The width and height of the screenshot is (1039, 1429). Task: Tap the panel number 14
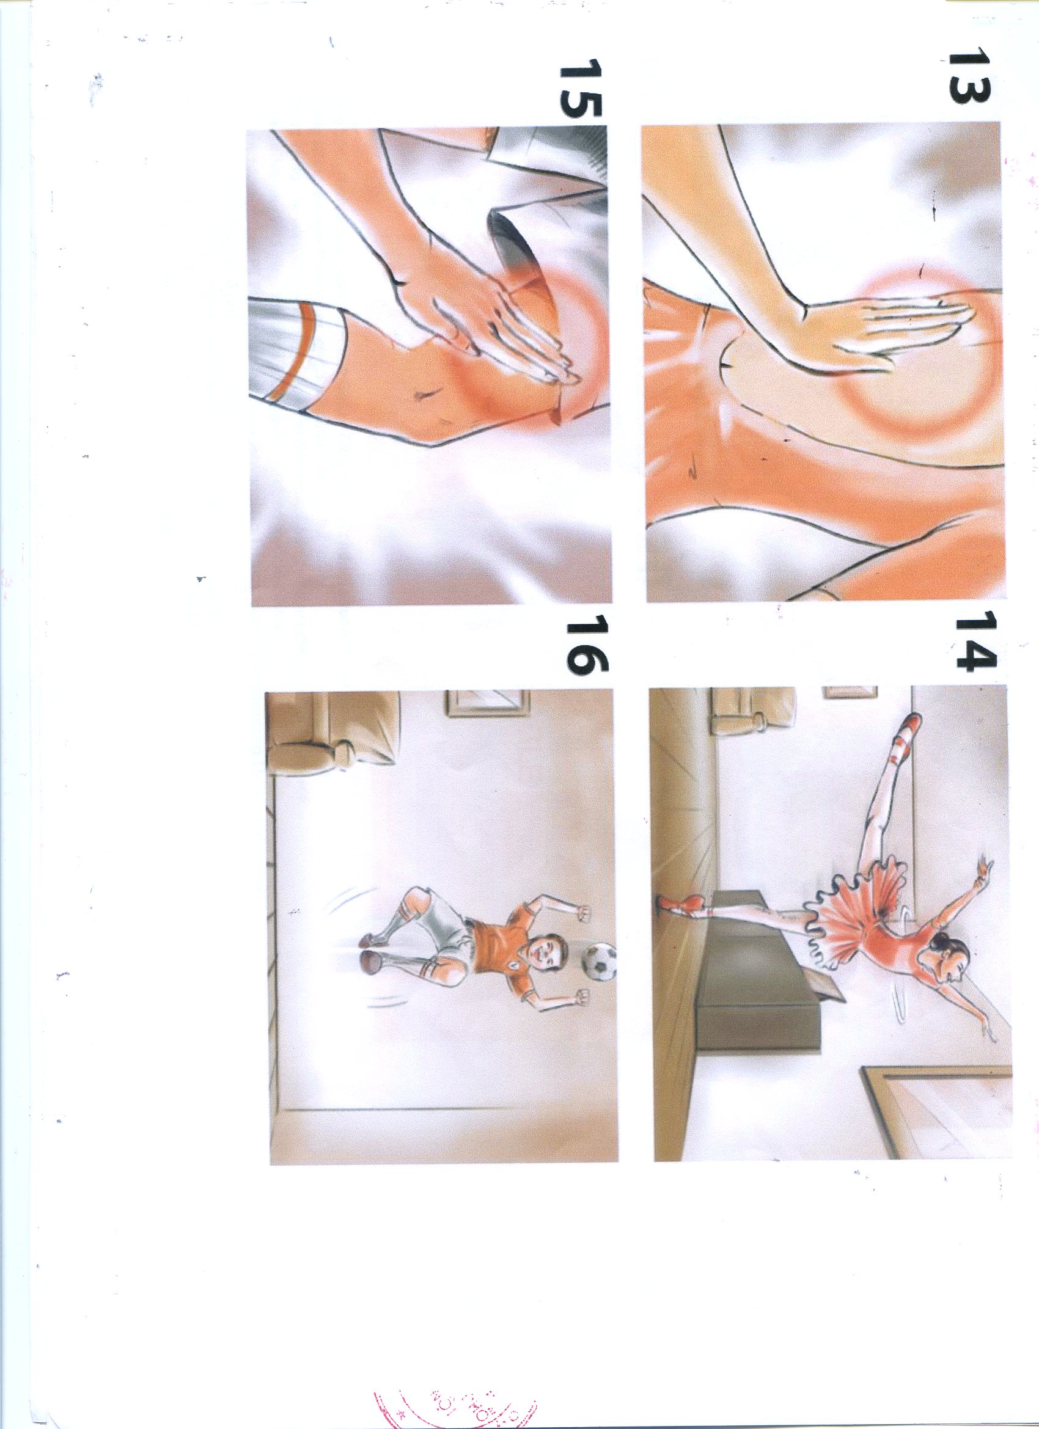tap(976, 648)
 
